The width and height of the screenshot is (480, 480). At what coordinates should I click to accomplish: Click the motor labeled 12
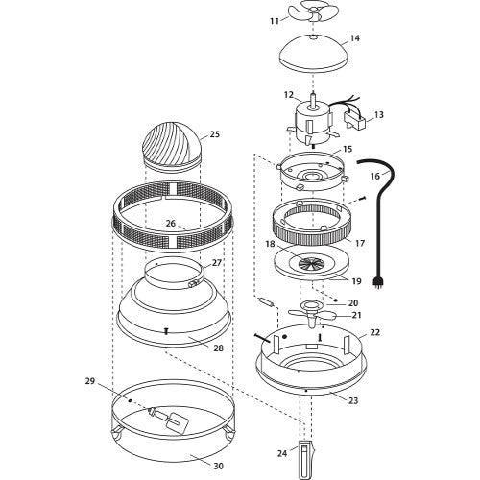pos(310,115)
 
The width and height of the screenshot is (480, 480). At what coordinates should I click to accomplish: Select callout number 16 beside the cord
pos(375,176)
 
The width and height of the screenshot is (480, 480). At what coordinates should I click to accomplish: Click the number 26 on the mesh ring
pos(169,224)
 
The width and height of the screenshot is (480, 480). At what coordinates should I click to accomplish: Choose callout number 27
pos(217,262)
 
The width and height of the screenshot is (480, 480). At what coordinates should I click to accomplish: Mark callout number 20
pos(353,302)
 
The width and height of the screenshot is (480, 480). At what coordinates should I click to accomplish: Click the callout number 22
pos(375,333)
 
